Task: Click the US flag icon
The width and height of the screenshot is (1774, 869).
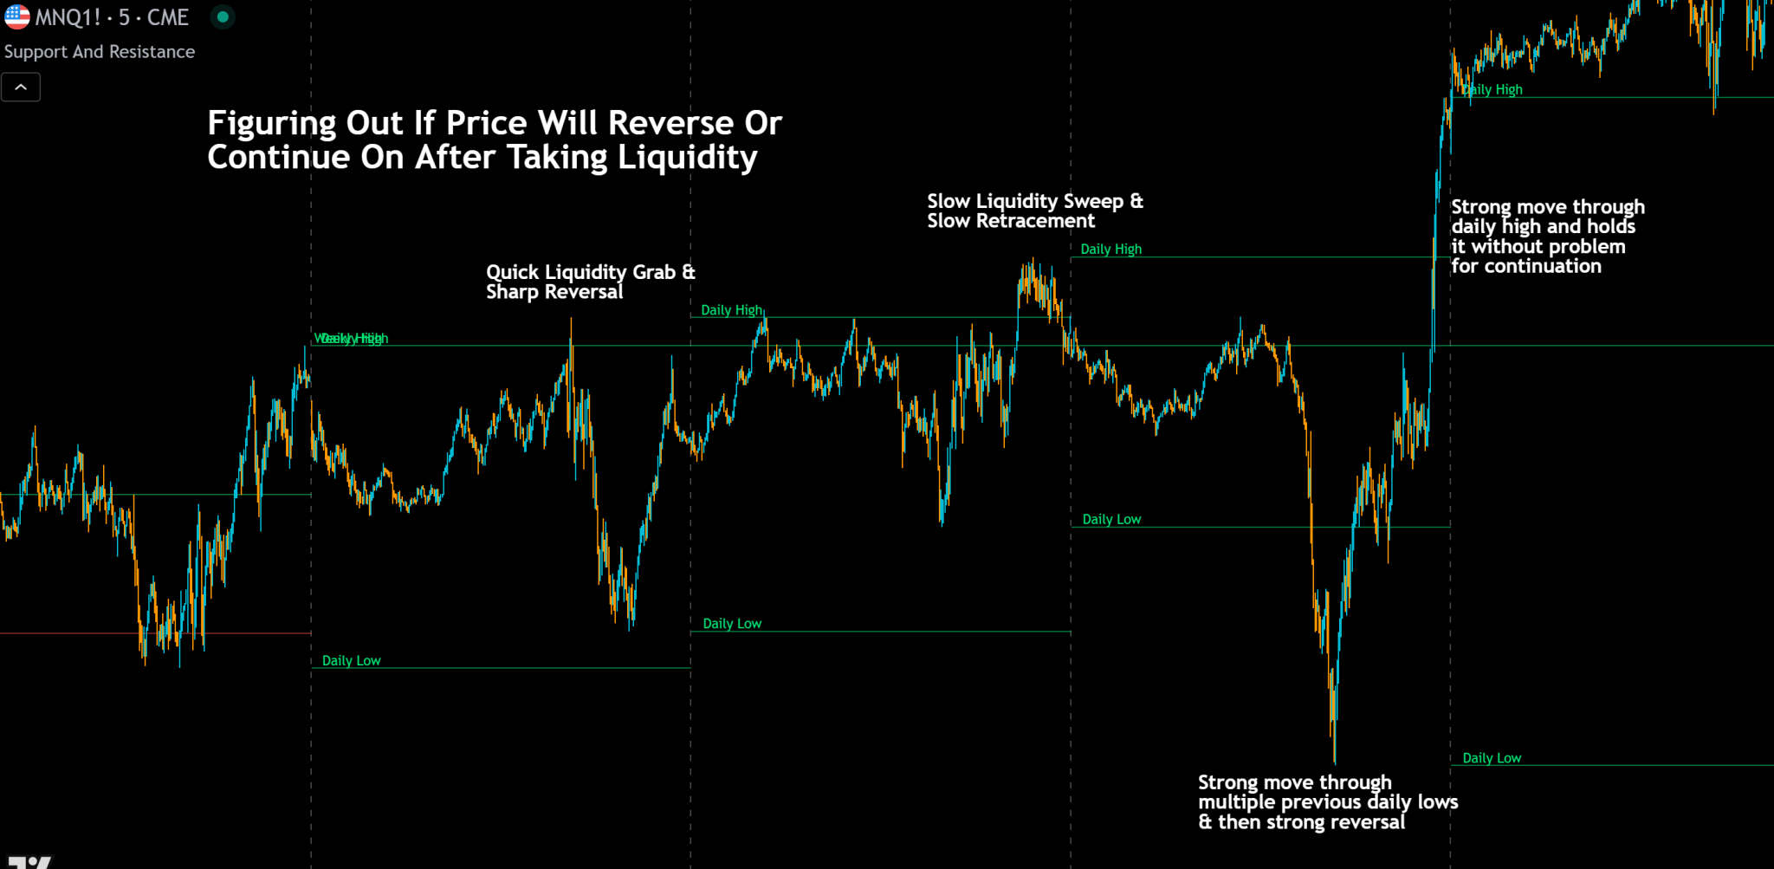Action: (x=16, y=17)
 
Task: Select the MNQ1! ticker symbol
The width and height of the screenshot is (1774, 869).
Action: (x=68, y=17)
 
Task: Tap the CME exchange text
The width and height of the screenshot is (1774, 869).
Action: (x=167, y=17)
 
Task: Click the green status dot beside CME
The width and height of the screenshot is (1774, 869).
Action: (x=223, y=16)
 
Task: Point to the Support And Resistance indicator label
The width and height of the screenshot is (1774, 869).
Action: (x=100, y=52)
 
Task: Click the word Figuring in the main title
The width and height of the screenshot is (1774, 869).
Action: (x=271, y=124)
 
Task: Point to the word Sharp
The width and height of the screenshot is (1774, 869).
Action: (x=512, y=292)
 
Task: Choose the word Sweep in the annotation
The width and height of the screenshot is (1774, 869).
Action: (x=1093, y=202)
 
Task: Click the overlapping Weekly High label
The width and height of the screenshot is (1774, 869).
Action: (x=350, y=339)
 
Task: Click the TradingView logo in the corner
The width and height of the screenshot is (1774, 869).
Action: (x=29, y=862)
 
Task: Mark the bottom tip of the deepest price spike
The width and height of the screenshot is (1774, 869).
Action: (x=1334, y=762)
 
